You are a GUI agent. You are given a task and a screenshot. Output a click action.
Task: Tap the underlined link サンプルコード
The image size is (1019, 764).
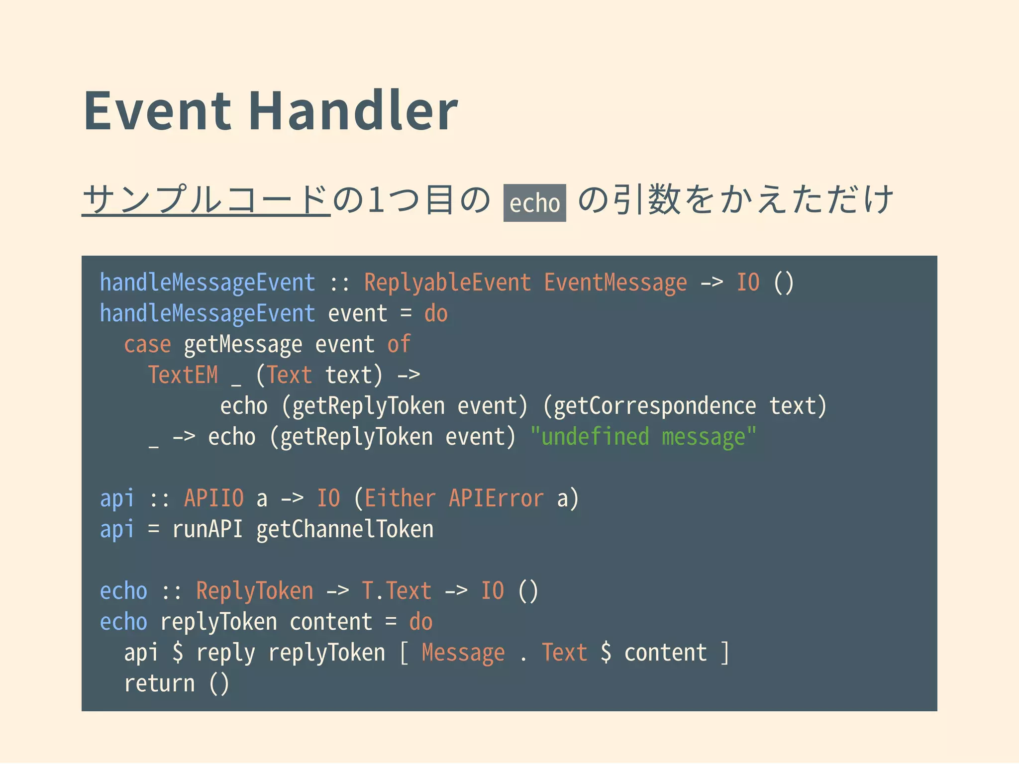(x=206, y=199)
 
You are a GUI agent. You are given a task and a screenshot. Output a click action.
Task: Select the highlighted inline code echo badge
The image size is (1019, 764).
(x=534, y=203)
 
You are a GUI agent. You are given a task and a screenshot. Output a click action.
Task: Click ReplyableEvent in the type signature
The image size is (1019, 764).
(x=447, y=283)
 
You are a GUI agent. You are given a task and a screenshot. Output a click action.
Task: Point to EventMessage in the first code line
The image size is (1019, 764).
(x=615, y=283)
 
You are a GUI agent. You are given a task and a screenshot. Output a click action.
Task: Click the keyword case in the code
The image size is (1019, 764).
(x=147, y=344)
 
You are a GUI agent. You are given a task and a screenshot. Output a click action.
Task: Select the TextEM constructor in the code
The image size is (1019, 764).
(x=183, y=375)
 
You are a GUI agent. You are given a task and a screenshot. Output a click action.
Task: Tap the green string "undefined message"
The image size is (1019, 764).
(x=643, y=437)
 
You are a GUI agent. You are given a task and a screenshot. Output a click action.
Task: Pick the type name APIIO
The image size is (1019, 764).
(x=214, y=498)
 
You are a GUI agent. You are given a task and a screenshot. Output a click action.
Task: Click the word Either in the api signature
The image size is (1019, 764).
(x=400, y=498)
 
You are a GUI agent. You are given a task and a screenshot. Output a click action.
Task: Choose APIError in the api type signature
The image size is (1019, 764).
(x=496, y=498)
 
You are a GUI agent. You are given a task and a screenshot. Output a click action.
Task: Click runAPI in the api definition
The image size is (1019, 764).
(x=207, y=529)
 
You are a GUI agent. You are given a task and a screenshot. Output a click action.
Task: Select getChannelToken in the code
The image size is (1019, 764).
(x=345, y=529)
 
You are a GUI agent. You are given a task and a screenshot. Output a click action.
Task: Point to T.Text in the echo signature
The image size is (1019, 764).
(x=396, y=591)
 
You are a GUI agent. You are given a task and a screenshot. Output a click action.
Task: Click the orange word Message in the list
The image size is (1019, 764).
(x=463, y=653)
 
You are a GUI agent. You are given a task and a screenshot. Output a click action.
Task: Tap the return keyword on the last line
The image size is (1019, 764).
(x=159, y=683)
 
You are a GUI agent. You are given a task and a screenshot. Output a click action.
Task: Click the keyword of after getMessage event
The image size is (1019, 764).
(x=399, y=344)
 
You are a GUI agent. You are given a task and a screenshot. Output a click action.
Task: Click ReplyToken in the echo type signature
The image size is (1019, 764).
(x=255, y=591)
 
